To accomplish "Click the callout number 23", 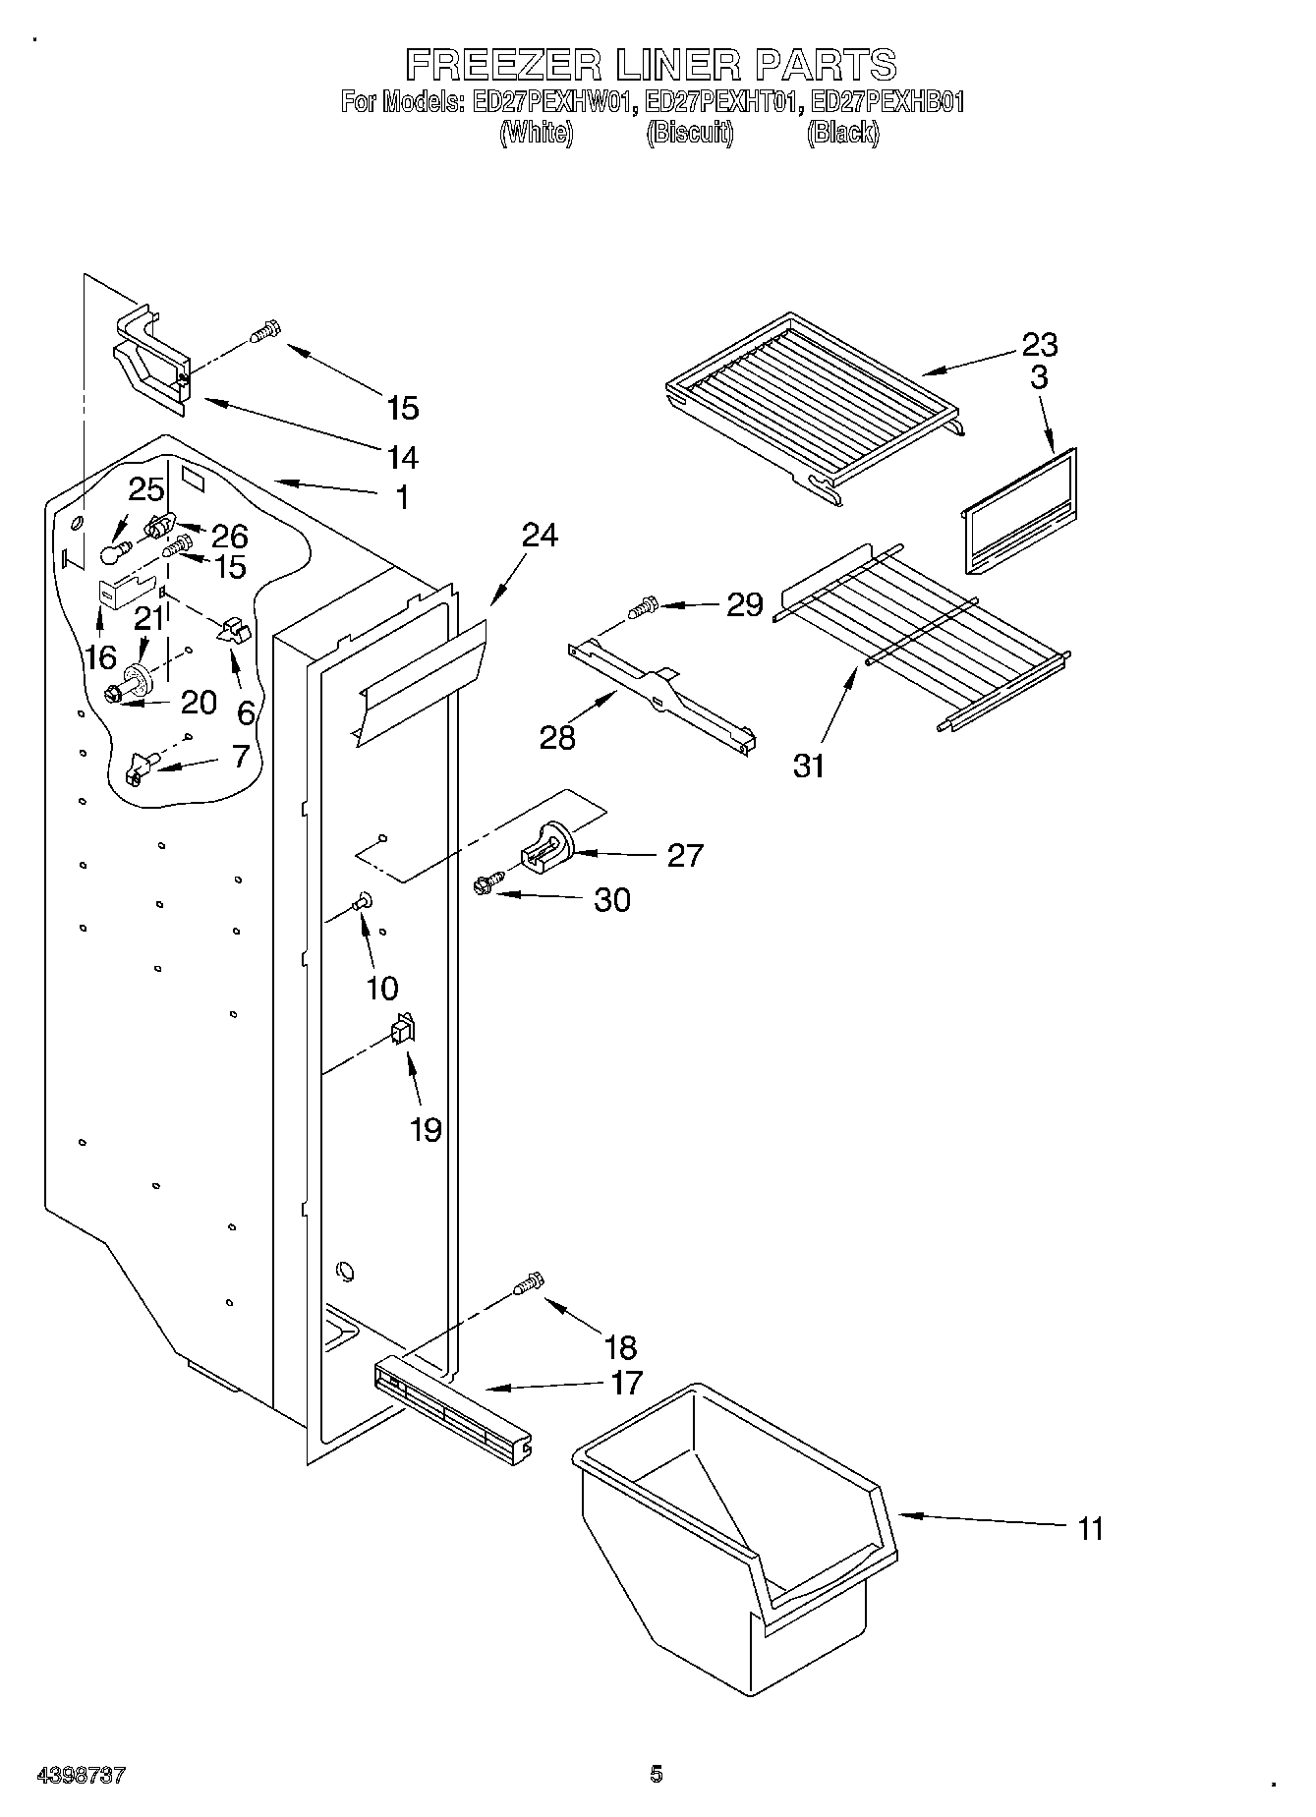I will [1039, 345].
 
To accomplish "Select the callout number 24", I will [540, 536].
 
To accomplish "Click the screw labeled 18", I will [528, 1283].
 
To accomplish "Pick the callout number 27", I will [685, 856].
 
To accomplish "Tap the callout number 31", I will [809, 766].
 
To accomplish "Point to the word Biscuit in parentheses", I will [689, 133].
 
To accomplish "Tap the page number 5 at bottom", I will [656, 1773].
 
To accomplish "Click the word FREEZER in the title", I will [504, 66].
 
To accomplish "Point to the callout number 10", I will [382, 988].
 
